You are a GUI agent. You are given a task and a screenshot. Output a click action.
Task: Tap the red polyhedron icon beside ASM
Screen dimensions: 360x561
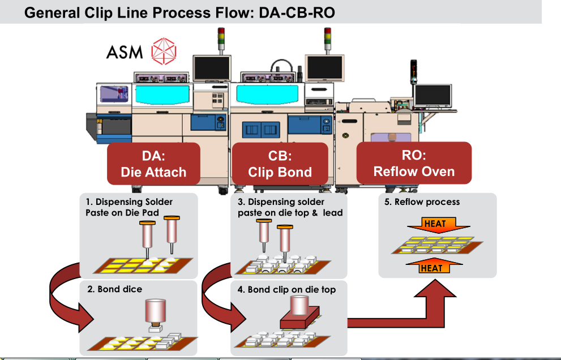(164, 52)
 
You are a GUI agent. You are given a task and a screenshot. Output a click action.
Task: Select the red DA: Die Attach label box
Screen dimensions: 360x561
(153, 164)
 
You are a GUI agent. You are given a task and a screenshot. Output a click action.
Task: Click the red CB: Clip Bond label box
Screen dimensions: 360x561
(280, 164)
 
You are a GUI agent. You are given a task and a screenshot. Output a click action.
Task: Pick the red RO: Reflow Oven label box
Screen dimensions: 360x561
(414, 162)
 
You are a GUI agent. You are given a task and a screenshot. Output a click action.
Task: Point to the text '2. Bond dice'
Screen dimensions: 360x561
(115, 289)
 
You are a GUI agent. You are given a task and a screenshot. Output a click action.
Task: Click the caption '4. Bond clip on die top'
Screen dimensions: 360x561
(286, 290)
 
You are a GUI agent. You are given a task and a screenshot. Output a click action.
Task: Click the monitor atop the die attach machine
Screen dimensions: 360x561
(211, 69)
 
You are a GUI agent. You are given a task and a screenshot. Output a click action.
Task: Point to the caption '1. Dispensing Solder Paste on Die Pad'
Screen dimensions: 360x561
(130, 207)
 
